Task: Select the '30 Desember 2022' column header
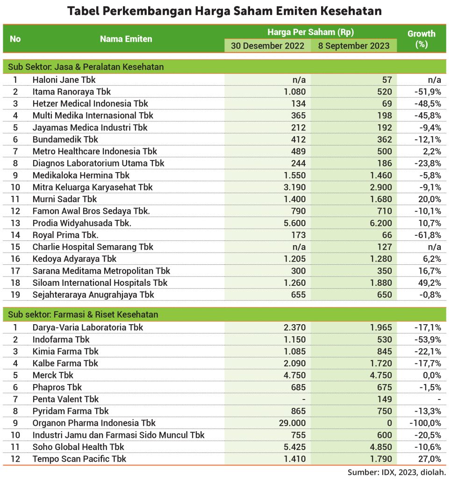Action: pos(268,46)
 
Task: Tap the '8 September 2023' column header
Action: pos(354,46)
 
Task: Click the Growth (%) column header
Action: pos(422,39)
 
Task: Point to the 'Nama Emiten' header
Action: pos(126,39)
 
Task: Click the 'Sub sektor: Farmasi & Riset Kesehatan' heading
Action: pos(83,314)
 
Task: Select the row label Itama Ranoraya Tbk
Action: pos(72,92)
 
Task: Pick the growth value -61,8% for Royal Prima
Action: pos(428,235)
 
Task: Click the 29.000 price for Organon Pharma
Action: pos(292,423)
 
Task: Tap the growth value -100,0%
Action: pos(425,423)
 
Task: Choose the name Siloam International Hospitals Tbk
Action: pos(100,283)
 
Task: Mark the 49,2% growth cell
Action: pos(429,283)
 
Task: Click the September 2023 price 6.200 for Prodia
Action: pos(381,223)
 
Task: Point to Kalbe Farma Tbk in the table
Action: pos(65,363)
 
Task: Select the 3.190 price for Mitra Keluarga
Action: pos(294,187)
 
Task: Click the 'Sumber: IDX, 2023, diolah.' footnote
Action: pos(397,472)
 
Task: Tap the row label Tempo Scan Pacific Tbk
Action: pos(79,459)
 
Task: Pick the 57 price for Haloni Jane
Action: pos(387,80)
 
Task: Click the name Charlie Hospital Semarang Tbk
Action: pos(93,247)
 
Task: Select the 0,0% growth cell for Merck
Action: pos(432,376)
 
